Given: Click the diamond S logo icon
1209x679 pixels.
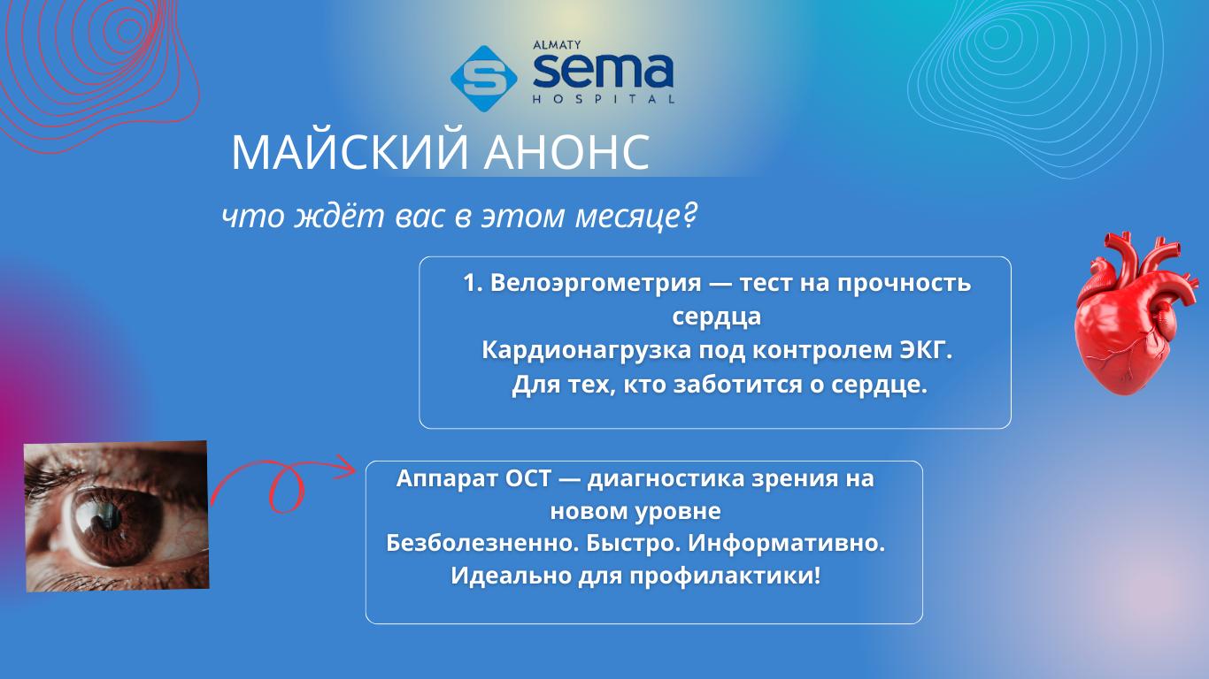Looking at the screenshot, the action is point(483,79).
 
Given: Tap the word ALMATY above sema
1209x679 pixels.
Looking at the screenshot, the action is point(557,45).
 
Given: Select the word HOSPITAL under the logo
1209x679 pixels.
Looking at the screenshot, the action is point(604,99).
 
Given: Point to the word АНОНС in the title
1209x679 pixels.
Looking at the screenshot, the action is point(566,153).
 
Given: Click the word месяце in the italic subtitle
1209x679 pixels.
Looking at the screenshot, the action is point(626,216).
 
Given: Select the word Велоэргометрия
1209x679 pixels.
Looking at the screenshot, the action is point(596,283).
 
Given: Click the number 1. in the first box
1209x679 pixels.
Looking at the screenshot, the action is point(473,283).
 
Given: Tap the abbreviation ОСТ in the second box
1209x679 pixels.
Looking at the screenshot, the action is point(528,478).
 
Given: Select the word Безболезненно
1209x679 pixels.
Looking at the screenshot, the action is point(482,543).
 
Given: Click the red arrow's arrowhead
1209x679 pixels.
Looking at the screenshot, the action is point(343,467).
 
